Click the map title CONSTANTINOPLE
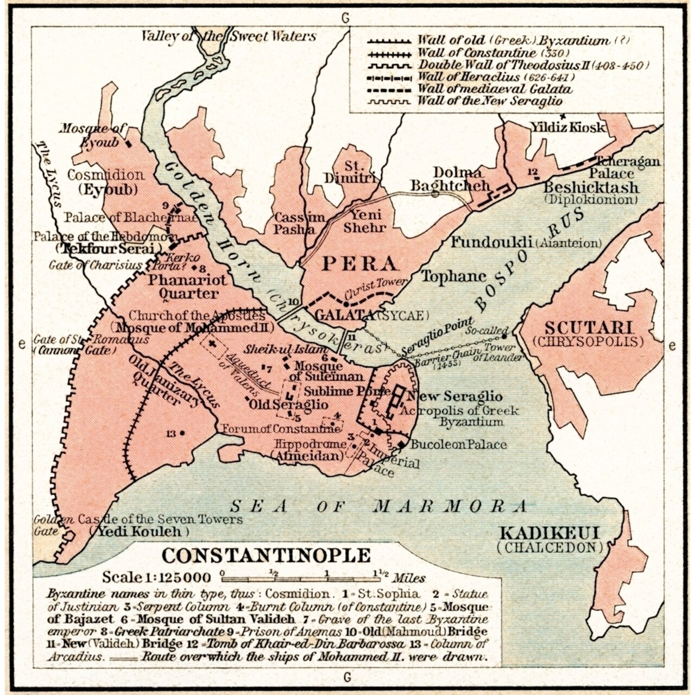click(266, 555)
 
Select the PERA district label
click(358, 264)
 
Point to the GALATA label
click(344, 315)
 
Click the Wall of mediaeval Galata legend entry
click(494, 89)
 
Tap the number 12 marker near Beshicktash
click(533, 172)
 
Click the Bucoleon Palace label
click(458, 445)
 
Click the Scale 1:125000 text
click(156, 577)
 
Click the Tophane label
click(453, 276)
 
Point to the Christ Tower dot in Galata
click(345, 305)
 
